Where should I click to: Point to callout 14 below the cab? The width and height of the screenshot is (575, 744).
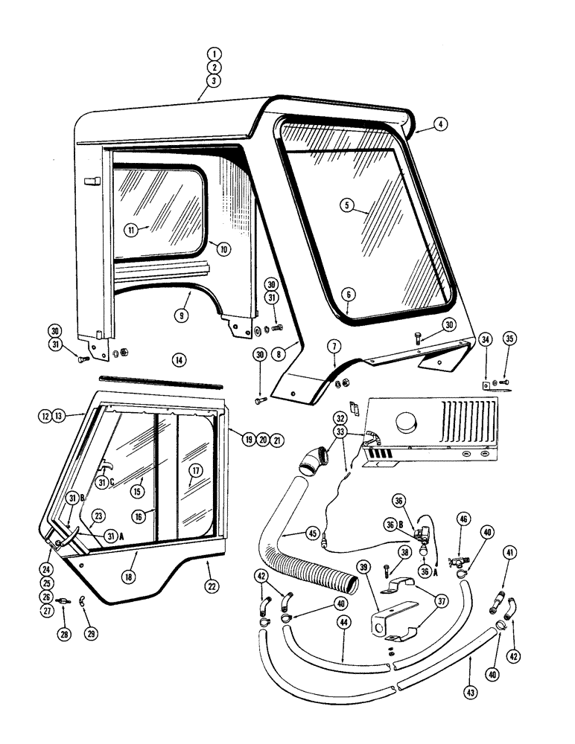177,359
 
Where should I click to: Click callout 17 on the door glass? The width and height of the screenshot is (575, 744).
194,470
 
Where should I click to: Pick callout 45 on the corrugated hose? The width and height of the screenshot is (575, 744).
311,533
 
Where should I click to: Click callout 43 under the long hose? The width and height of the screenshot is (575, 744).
471,692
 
